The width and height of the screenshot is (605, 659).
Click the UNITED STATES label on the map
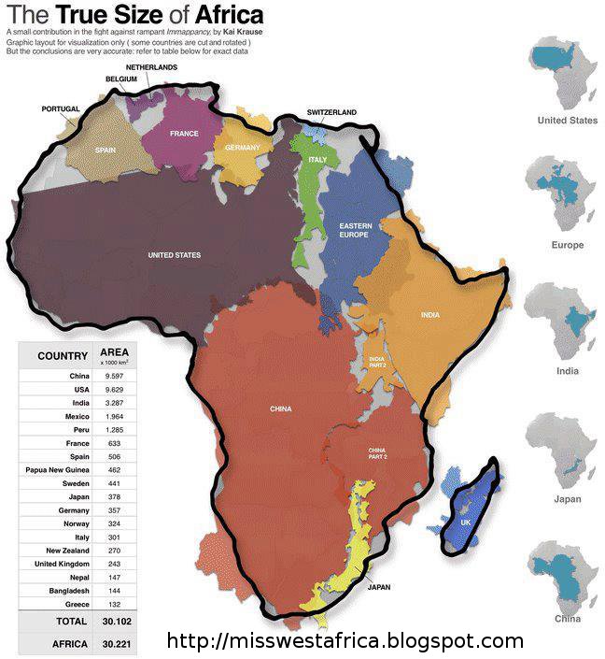pyautogui.click(x=175, y=255)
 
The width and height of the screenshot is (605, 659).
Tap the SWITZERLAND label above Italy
pyautogui.click(x=331, y=113)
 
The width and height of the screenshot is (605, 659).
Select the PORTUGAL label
pyautogui.click(x=62, y=109)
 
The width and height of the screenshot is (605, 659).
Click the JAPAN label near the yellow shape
pyautogui.click(x=379, y=588)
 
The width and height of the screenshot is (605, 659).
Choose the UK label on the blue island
pyautogui.click(x=466, y=522)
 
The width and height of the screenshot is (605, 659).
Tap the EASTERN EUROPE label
pyautogui.click(x=354, y=231)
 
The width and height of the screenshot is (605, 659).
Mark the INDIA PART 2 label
pyautogui.click(x=377, y=363)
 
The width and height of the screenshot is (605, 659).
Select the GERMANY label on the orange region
pyautogui.click(x=242, y=148)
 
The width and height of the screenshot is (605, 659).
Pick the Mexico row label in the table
pyautogui.click(x=77, y=417)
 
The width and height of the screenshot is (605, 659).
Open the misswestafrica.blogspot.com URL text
pyautogui.click(x=345, y=642)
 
